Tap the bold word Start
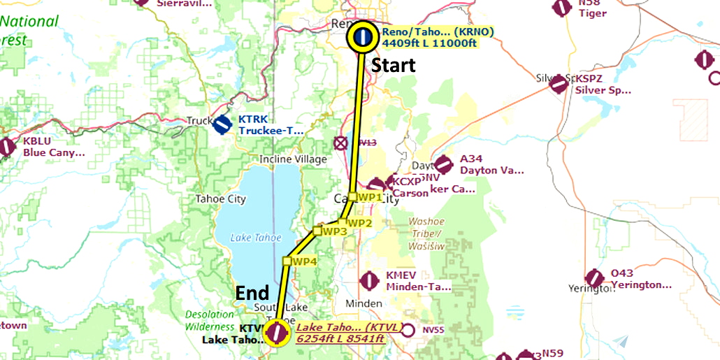(x=393, y=66)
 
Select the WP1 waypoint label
(x=369, y=197)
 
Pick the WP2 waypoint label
(x=359, y=223)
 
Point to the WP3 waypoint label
(x=334, y=231)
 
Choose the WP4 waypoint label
(x=303, y=261)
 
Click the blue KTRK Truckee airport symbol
(x=222, y=125)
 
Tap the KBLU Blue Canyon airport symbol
(x=8, y=147)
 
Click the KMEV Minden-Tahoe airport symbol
(x=369, y=281)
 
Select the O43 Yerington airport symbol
(x=595, y=278)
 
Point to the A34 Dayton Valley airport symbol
(x=443, y=165)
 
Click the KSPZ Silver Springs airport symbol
(x=558, y=85)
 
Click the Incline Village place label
(x=293, y=159)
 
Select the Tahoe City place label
(x=221, y=199)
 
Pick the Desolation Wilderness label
(x=210, y=321)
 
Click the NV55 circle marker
(x=410, y=330)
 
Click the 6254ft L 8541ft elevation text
(x=340, y=339)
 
